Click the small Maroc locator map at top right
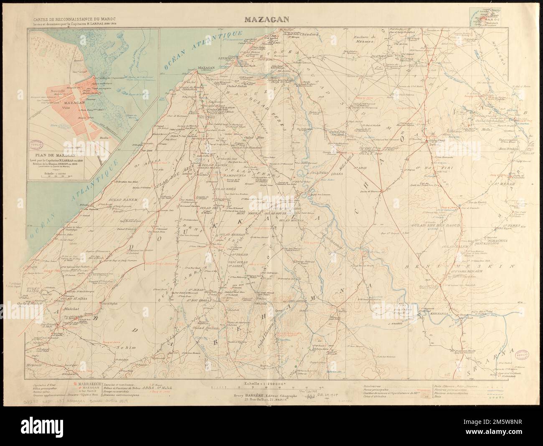coord(490,19)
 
